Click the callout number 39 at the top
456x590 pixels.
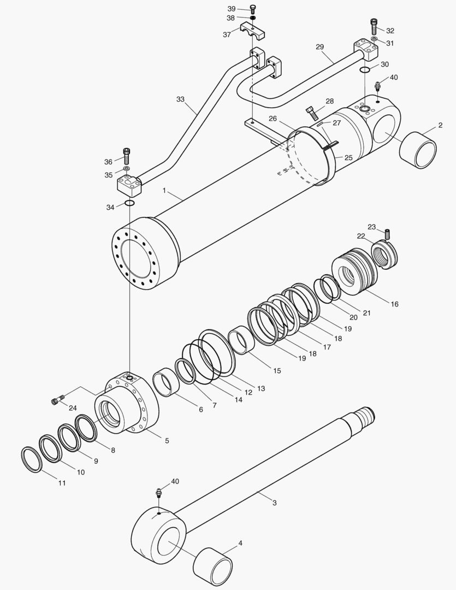tap(232, 9)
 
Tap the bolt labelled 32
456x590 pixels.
tap(374, 25)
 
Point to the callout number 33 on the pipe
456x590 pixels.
tap(180, 99)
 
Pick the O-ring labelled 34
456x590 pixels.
tap(129, 204)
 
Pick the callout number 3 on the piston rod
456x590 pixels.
tap(275, 502)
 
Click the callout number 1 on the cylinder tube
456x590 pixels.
tap(164, 191)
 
